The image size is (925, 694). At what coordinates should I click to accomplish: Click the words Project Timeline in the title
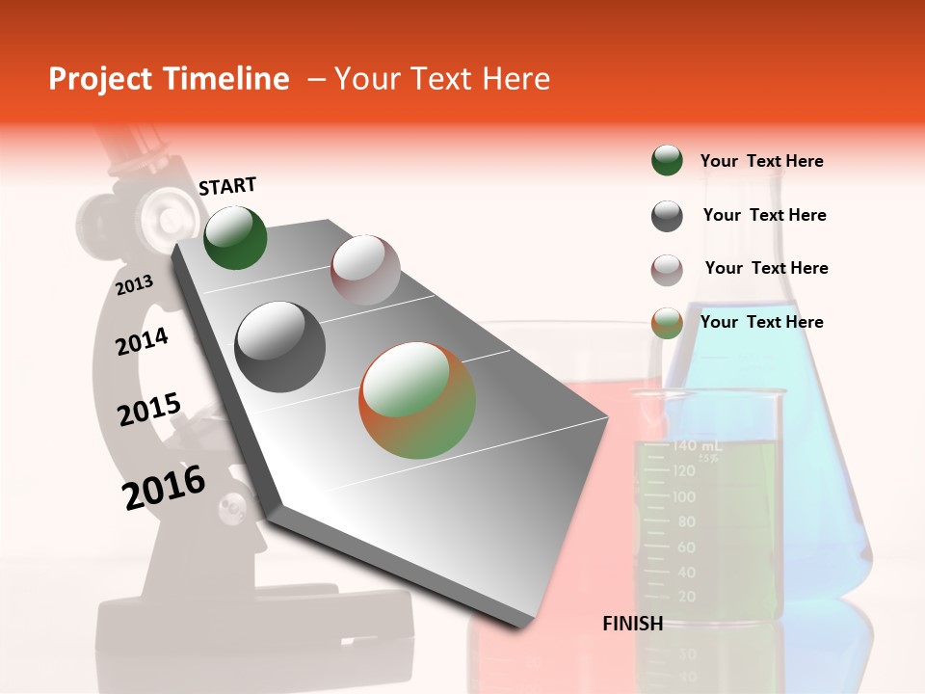tap(169, 79)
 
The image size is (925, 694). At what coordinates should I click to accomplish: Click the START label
tap(227, 186)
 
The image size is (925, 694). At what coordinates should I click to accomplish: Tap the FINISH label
tap(633, 624)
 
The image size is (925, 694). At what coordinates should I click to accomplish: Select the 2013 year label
tap(134, 284)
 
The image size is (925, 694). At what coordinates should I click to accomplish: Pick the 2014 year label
tap(142, 341)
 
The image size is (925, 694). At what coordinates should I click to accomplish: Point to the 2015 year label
tap(149, 409)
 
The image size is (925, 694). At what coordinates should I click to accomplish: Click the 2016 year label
tap(164, 488)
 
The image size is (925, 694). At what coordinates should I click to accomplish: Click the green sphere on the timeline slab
tap(236, 237)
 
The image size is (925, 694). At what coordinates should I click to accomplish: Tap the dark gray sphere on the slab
tap(280, 346)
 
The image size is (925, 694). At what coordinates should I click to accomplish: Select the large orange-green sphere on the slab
tap(417, 400)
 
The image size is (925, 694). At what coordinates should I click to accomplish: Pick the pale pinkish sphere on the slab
tap(365, 269)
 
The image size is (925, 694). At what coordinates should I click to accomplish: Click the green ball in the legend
tap(667, 160)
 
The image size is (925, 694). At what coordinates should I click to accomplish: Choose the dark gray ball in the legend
tap(667, 216)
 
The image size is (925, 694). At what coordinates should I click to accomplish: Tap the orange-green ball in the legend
tap(667, 323)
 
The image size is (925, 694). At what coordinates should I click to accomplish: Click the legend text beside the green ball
tap(761, 161)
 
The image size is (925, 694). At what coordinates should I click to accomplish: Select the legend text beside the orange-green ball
tap(761, 322)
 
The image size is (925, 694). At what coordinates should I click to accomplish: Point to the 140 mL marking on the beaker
tap(697, 446)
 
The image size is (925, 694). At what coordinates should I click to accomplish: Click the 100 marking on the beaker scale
tap(684, 497)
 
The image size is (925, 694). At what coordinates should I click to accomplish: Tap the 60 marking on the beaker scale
tap(686, 547)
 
